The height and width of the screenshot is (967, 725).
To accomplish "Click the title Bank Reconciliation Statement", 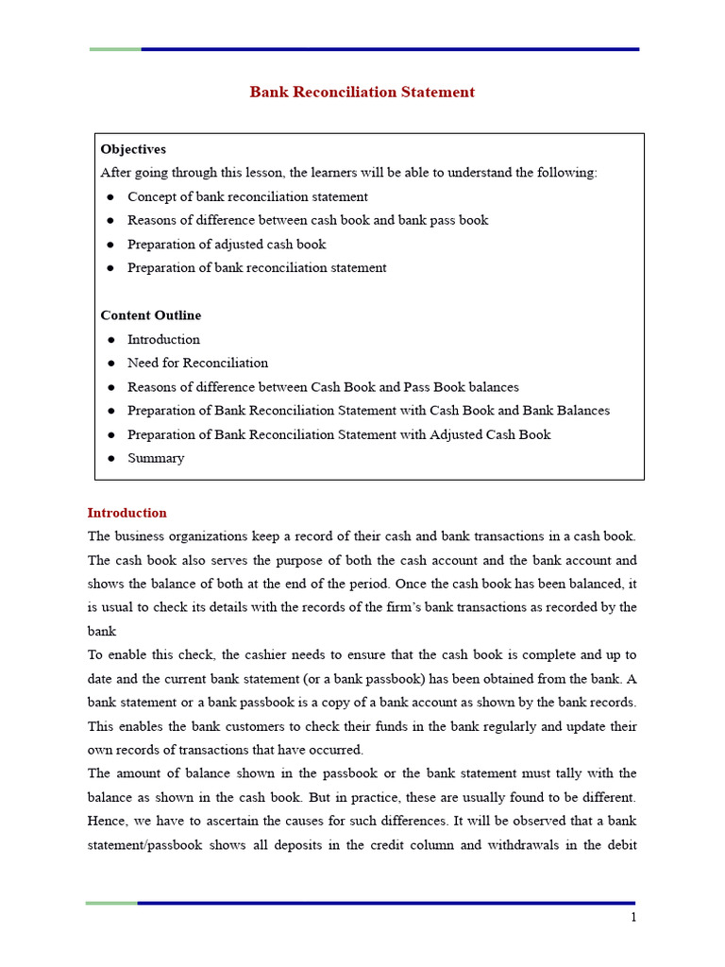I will point(362,93).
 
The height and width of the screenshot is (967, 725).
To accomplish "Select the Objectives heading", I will point(133,149).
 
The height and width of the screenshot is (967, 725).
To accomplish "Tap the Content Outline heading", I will point(150,315).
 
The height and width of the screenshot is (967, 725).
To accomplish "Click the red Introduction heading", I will point(126,513).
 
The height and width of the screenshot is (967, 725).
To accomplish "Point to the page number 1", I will point(633,917).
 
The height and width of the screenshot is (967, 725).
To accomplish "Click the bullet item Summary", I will point(156,458).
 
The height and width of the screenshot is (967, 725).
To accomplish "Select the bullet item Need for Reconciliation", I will point(197,363).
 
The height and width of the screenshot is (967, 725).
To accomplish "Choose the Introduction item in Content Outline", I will point(163,339).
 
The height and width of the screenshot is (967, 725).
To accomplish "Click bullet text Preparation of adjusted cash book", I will point(227,244).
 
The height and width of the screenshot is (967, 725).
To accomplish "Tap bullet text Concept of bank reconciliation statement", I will point(247,196).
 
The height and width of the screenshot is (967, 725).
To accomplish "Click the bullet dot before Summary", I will point(110,458).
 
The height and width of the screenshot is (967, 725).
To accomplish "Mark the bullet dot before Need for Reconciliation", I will point(110,363).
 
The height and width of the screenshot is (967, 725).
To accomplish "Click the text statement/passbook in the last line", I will point(144,845).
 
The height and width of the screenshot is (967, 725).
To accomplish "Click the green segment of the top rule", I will point(115,49).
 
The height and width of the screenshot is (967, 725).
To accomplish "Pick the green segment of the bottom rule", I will point(111,903).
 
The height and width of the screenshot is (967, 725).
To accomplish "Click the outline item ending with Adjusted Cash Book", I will point(339,434).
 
